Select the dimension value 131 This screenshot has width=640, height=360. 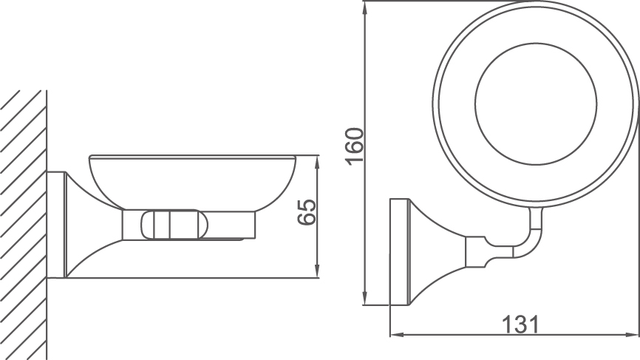(x=520, y=324)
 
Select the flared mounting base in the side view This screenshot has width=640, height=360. (x=81, y=229)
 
